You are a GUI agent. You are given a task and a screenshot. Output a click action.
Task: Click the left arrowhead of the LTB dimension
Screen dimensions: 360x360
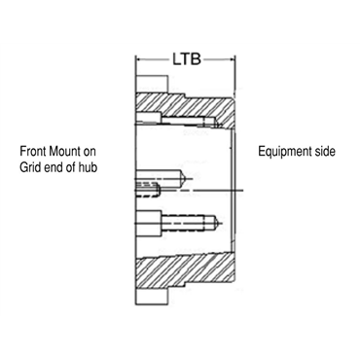click(x=139, y=57)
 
